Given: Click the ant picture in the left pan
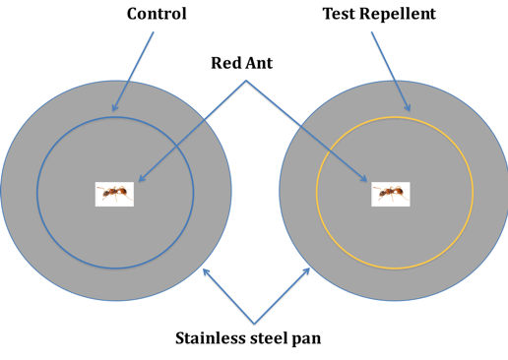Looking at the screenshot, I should (114, 194).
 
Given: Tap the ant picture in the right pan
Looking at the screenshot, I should (391, 194).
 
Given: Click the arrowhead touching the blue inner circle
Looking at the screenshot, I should (114, 109).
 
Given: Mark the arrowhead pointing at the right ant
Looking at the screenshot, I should (367, 182).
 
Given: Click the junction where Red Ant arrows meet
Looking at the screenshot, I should (245, 81).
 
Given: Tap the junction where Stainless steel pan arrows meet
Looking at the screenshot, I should (256, 324).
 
